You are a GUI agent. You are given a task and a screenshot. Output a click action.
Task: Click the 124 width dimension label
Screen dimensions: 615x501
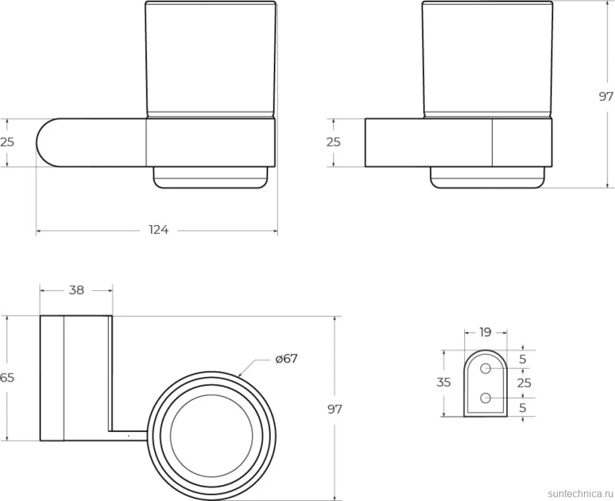point(159,230)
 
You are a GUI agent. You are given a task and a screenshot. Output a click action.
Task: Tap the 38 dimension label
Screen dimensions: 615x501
point(77,290)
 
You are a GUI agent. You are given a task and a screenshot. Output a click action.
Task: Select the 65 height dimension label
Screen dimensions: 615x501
point(7,377)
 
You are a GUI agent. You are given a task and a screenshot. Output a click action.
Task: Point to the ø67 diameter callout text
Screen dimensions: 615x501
point(287,358)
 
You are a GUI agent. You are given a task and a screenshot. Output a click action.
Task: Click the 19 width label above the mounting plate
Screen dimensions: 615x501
point(485,332)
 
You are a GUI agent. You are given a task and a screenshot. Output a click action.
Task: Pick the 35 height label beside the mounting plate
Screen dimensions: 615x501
point(444,382)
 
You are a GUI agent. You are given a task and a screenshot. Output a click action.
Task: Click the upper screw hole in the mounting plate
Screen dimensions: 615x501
point(486,368)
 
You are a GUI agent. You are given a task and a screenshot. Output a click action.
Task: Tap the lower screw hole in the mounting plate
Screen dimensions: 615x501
point(486,398)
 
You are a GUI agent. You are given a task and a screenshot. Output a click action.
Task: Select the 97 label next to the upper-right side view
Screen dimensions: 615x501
point(606,96)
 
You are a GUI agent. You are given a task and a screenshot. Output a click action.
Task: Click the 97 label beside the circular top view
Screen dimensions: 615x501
point(335,409)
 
